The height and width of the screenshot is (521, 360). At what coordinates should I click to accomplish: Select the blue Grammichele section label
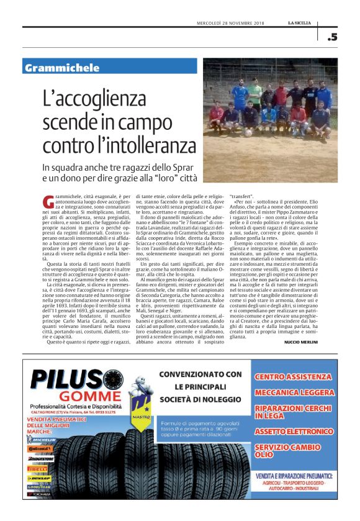(x=62, y=67)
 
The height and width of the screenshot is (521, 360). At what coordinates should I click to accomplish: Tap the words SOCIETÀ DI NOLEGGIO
(x=199, y=398)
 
